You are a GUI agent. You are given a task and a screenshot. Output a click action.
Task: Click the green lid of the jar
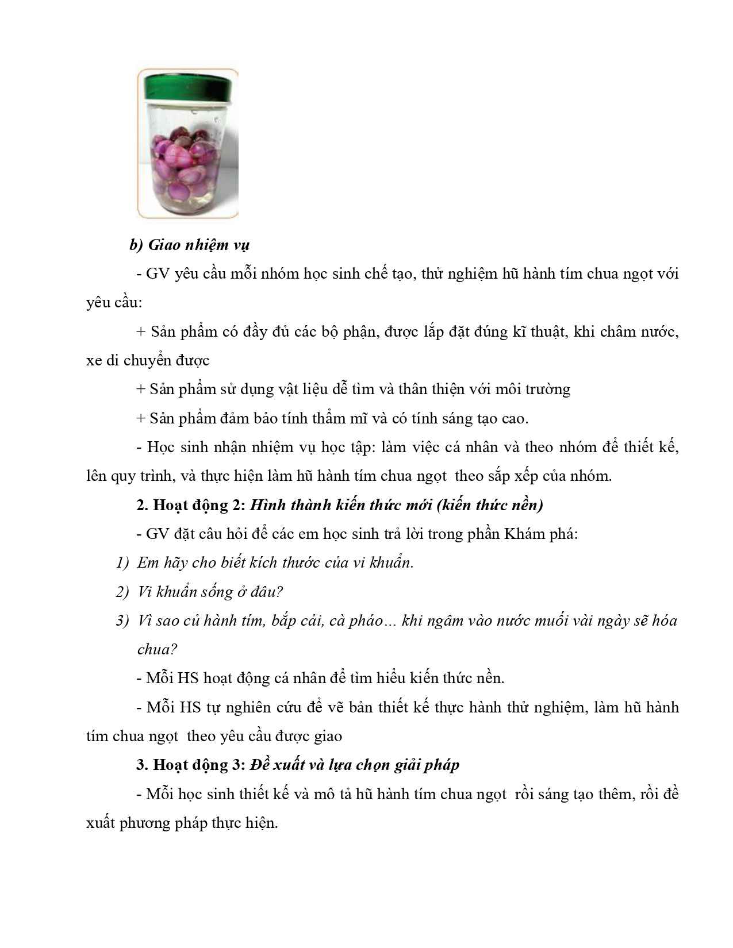point(187,86)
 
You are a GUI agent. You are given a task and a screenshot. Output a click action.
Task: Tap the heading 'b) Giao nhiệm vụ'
point(189,245)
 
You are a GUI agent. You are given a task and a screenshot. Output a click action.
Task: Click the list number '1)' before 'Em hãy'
point(122,562)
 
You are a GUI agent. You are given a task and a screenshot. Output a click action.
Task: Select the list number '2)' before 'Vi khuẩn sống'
point(122,591)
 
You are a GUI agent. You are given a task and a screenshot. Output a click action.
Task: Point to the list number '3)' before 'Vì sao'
point(122,621)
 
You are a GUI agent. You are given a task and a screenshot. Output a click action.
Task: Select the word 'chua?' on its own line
point(157,649)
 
